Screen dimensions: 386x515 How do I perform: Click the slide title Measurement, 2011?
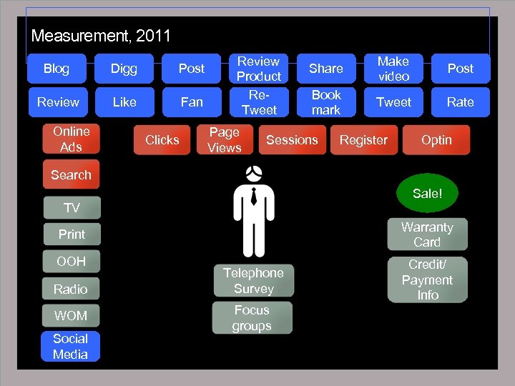click(x=101, y=36)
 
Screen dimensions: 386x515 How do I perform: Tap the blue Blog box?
click(x=57, y=69)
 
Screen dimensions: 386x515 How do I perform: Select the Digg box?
click(x=124, y=69)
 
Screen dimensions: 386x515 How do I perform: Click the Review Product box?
click(x=259, y=69)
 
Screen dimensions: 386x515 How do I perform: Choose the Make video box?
click(x=393, y=69)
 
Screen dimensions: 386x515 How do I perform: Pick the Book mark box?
click(x=326, y=102)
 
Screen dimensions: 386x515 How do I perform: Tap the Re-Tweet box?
click(x=259, y=102)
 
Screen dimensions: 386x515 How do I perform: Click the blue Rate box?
click(x=460, y=102)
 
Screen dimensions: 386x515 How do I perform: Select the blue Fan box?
click(x=191, y=102)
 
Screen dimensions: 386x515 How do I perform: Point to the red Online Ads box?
click(x=71, y=139)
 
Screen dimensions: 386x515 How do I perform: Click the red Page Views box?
click(x=225, y=140)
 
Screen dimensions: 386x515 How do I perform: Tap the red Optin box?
click(x=436, y=140)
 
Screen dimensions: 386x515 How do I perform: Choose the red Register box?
click(x=363, y=140)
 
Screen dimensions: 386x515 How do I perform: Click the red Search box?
click(x=71, y=175)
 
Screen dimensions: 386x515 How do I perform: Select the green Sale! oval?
click(x=427, y=193)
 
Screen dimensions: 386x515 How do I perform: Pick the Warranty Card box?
click(x=427, y=234)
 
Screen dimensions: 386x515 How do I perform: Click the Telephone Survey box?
click(x=253, y=281)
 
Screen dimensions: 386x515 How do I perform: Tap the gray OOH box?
click(x=71, y=262)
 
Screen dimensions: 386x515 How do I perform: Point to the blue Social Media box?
click(x=70, y=347)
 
